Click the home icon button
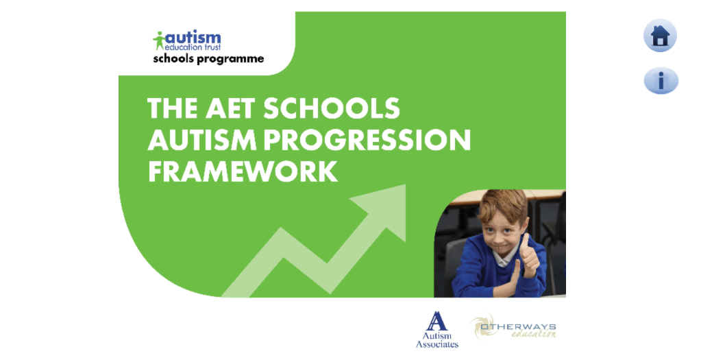660,36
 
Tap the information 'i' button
661,81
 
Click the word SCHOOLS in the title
331,108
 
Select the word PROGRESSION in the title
367,139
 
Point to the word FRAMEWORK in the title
243,171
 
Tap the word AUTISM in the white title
202,139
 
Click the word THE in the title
173,108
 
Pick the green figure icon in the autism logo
159,40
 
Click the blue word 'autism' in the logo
193,38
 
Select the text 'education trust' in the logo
193,47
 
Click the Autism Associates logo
436,330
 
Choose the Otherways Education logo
513,327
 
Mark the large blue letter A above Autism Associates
436,321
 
